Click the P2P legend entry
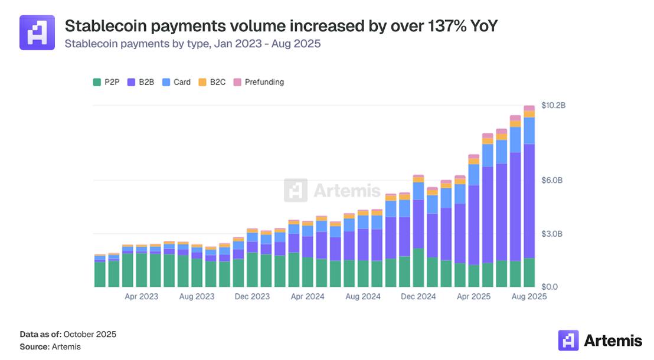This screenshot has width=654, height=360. point(107,82)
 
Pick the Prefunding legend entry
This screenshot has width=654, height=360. point(259,82)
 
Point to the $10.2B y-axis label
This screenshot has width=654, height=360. point(554,106)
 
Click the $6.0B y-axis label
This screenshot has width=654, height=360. point(553,180)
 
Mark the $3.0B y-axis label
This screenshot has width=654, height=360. point(553,234)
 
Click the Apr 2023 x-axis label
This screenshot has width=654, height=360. point(142,297)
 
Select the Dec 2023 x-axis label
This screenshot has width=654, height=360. point(253,297)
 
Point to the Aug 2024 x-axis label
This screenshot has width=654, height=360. point(363,297)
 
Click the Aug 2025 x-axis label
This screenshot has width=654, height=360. point(529,297)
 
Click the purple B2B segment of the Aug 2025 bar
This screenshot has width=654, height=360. point(529,201)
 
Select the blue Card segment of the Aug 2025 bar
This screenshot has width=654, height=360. point(529,130)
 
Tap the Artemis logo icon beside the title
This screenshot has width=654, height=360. point(37,32)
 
